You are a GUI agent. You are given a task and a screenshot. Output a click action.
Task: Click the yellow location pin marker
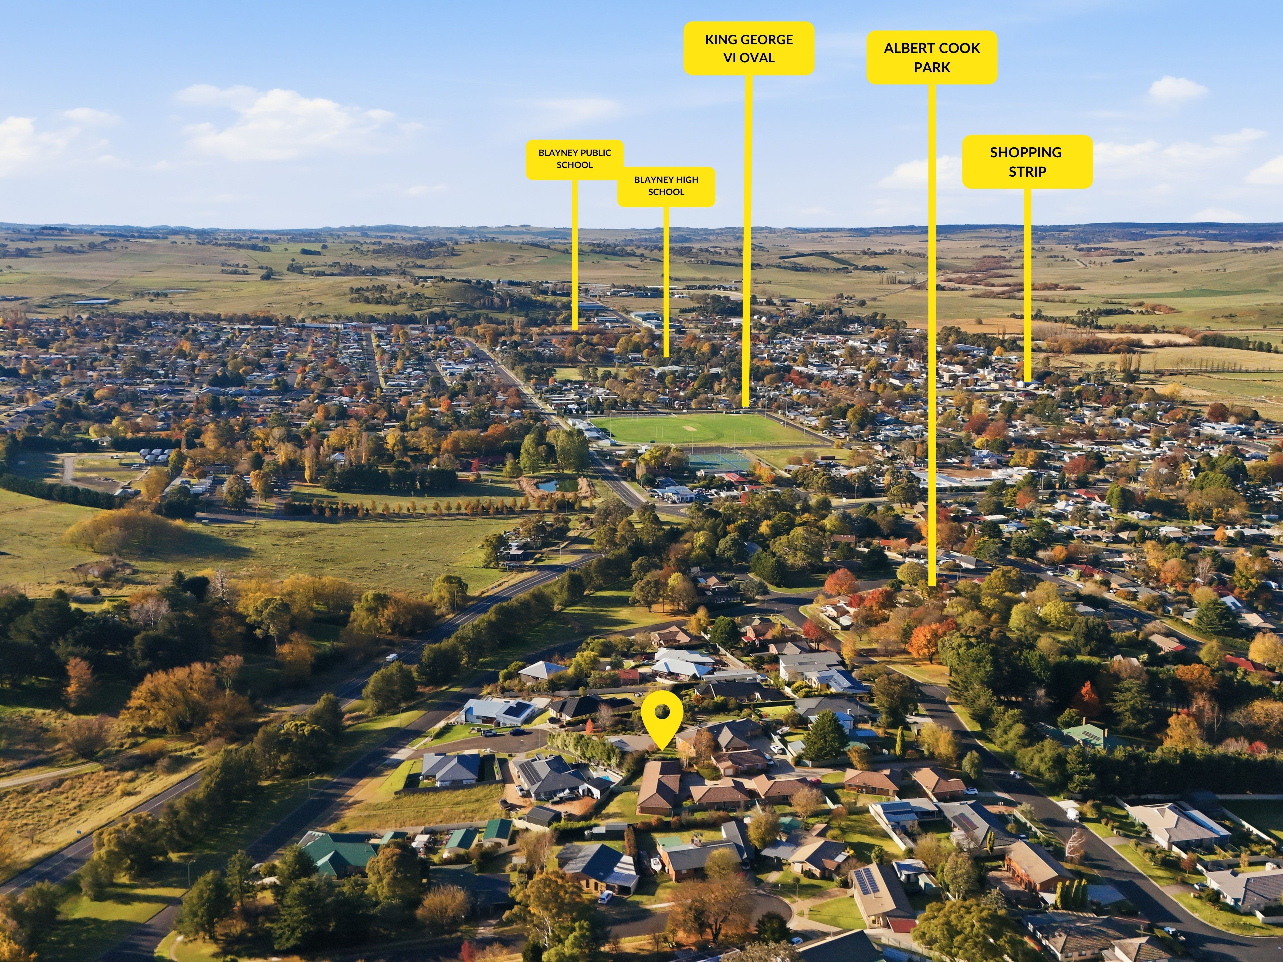tap(661, 726)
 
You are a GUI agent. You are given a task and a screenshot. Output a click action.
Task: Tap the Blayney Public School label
tap(575, 159)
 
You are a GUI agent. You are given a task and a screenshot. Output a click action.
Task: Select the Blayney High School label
tap(666, 186)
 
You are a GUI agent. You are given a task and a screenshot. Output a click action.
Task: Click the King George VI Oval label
tap(749, 48)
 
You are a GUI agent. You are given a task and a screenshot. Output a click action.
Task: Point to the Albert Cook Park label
tap(932, 57)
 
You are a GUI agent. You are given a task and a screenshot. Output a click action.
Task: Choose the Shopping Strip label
tap(1027, 162)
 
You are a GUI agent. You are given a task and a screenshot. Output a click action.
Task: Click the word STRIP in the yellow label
tap(1027, 172)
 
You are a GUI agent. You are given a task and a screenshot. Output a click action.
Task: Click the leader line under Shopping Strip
tap(1027, 284)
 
